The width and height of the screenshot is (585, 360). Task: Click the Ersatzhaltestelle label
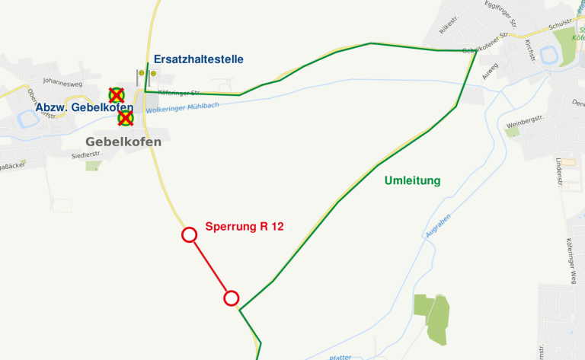(x=199, y=59)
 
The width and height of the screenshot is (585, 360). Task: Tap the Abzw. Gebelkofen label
(x=85, y=108)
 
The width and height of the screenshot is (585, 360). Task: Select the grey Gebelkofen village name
(x=123, y=142)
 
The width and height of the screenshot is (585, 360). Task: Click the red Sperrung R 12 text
(x=245, y=226)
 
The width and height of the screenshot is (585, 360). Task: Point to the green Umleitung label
(x=413, y=180)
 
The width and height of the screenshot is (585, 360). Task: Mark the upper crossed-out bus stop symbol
(x=117, y=95)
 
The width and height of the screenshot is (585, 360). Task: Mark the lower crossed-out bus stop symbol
(x=126, y=118)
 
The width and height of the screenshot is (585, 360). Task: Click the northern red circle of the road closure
(x=190, y=234)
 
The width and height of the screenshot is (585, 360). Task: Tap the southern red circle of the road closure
(x=232, y=298)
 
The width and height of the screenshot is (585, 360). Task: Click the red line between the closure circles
(x=210, y=266)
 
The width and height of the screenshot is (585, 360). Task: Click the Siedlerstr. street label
(x=85, y=155)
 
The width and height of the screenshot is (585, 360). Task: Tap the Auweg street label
(x=491, y=71)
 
